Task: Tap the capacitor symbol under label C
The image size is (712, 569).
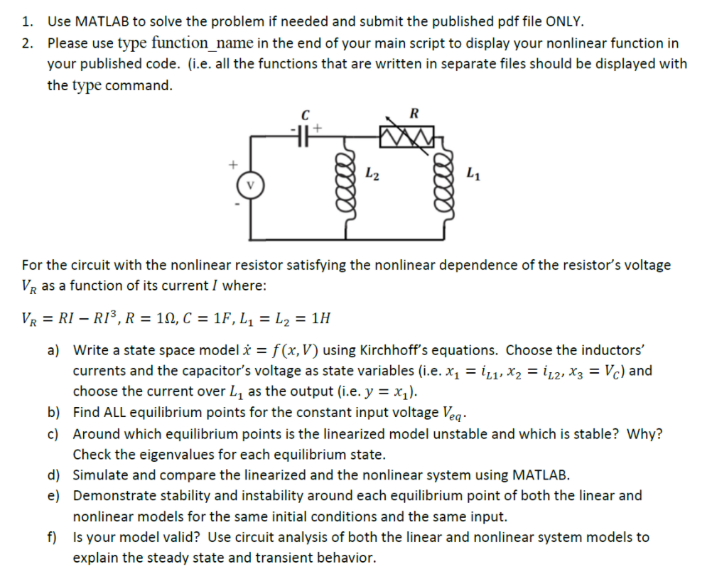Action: pos(305,132)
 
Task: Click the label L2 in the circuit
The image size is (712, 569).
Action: pos(372,171)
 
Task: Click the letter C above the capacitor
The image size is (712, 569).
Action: pos(305,114)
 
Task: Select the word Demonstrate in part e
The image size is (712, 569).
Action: pos(114,495)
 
